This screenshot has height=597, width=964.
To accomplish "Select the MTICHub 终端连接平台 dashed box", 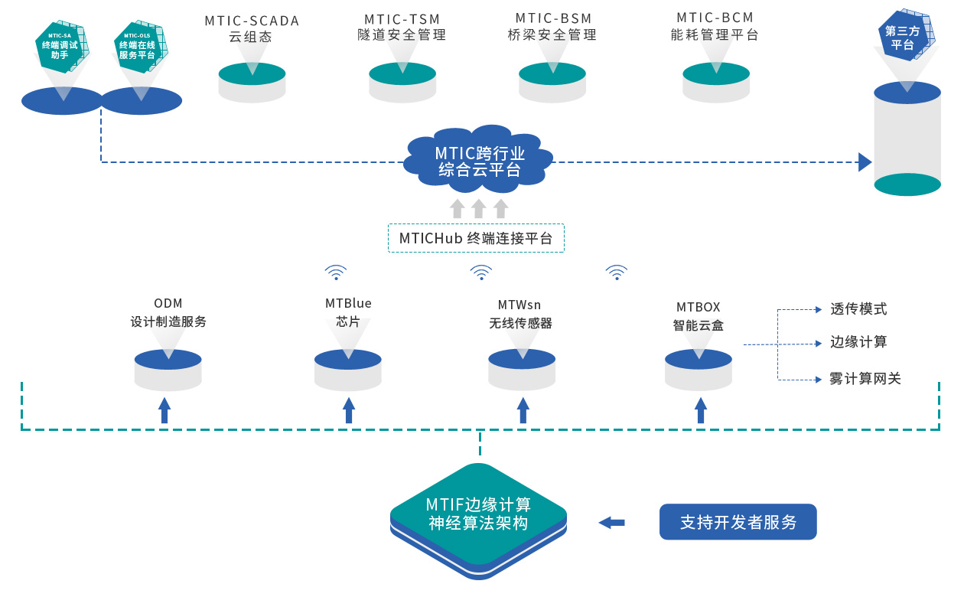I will [x=476, y=238].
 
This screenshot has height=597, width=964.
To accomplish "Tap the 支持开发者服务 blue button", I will [x=738, y=522].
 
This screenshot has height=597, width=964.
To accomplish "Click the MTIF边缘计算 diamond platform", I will [x=479, y=514].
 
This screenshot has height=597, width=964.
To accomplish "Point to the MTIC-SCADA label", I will [x=252, y=28].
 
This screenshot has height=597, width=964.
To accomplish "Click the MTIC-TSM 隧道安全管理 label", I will [x=402, y=27].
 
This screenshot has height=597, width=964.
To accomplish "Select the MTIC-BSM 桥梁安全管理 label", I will [x=552, y=27].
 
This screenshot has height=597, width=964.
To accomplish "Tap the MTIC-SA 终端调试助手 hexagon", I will [x=60, y=46].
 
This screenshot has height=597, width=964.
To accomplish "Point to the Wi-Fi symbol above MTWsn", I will [x=480, y=272].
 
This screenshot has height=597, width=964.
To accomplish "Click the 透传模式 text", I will [x=858, y=309].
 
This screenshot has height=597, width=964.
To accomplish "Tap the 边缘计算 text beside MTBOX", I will [x=858, y=342].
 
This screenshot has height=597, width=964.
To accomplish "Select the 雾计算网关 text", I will [x=865, y=378].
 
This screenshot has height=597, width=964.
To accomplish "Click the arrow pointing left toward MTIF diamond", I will [x=611, y=523].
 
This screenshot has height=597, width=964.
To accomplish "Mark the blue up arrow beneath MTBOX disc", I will [x=700, y=410].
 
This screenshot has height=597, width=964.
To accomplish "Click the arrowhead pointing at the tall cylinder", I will [x=865, y=162].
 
